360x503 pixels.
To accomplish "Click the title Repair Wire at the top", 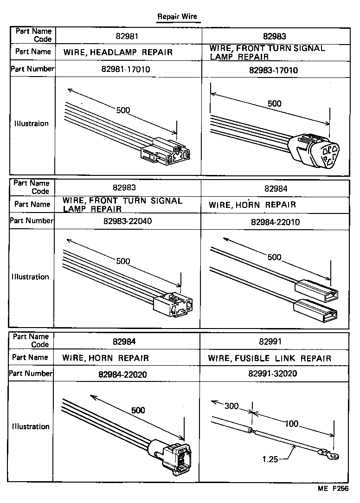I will coord(177,16).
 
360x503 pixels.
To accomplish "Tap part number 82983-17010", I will coord(273,71).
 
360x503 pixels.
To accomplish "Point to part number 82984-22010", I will coord(275,222).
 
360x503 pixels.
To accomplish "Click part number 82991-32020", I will coord(273,374).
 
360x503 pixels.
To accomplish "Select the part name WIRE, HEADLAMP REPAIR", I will coord(118,52).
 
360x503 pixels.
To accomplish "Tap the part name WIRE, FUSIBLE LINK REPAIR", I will coord(270,358).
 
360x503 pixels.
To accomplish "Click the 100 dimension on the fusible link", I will coord(291,424).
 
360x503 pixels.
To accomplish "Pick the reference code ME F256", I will coord(333,489).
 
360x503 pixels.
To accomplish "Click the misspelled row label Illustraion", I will coord(32,124).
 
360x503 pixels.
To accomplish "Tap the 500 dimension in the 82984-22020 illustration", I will coord(138,410).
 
